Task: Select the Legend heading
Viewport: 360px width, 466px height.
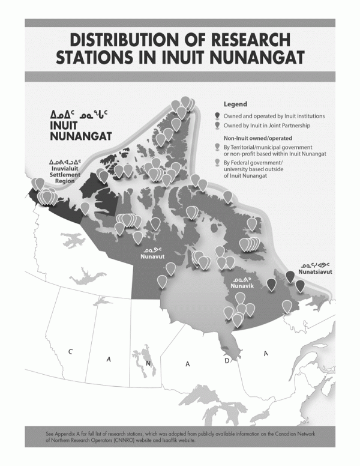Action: pyautogui.click(x=235, y=104)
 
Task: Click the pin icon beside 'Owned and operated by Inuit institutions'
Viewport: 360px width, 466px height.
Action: pyautogui.click(x=217, y=115)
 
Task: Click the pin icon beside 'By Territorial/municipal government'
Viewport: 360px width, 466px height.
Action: pyautogui.click(x=217, y=148)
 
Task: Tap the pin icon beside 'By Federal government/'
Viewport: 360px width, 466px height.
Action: pyautogui.click(x=217, y=163)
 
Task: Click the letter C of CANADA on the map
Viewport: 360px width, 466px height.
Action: pyautogui.click(x=71, y=351)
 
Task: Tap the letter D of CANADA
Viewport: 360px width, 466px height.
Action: pyautogui.click(x=227, y=362)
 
